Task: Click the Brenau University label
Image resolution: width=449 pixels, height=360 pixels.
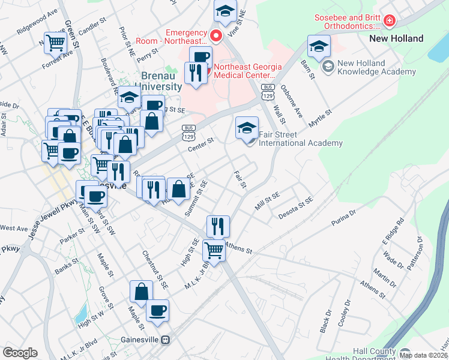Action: pyautogui.click(x=161, y=81)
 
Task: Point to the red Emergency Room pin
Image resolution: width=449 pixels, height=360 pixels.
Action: pyautogui.click(x=214, y=36)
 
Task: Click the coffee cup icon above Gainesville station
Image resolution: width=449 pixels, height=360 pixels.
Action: pyautogui.click(x=157, y=310)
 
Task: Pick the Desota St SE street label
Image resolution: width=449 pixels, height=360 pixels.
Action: pyautogui.click(x=293, y=208)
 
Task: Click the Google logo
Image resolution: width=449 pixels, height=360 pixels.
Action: pyautogui.click(x=20, y=353)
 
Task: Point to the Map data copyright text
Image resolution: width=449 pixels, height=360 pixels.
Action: pyautogui.click(x=423, y=355)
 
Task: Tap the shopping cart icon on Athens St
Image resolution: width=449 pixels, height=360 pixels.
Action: pyautogui.click(x=214, y=250)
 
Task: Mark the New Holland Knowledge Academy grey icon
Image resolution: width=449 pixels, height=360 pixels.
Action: pyautogui.click(x=328, y=67)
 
